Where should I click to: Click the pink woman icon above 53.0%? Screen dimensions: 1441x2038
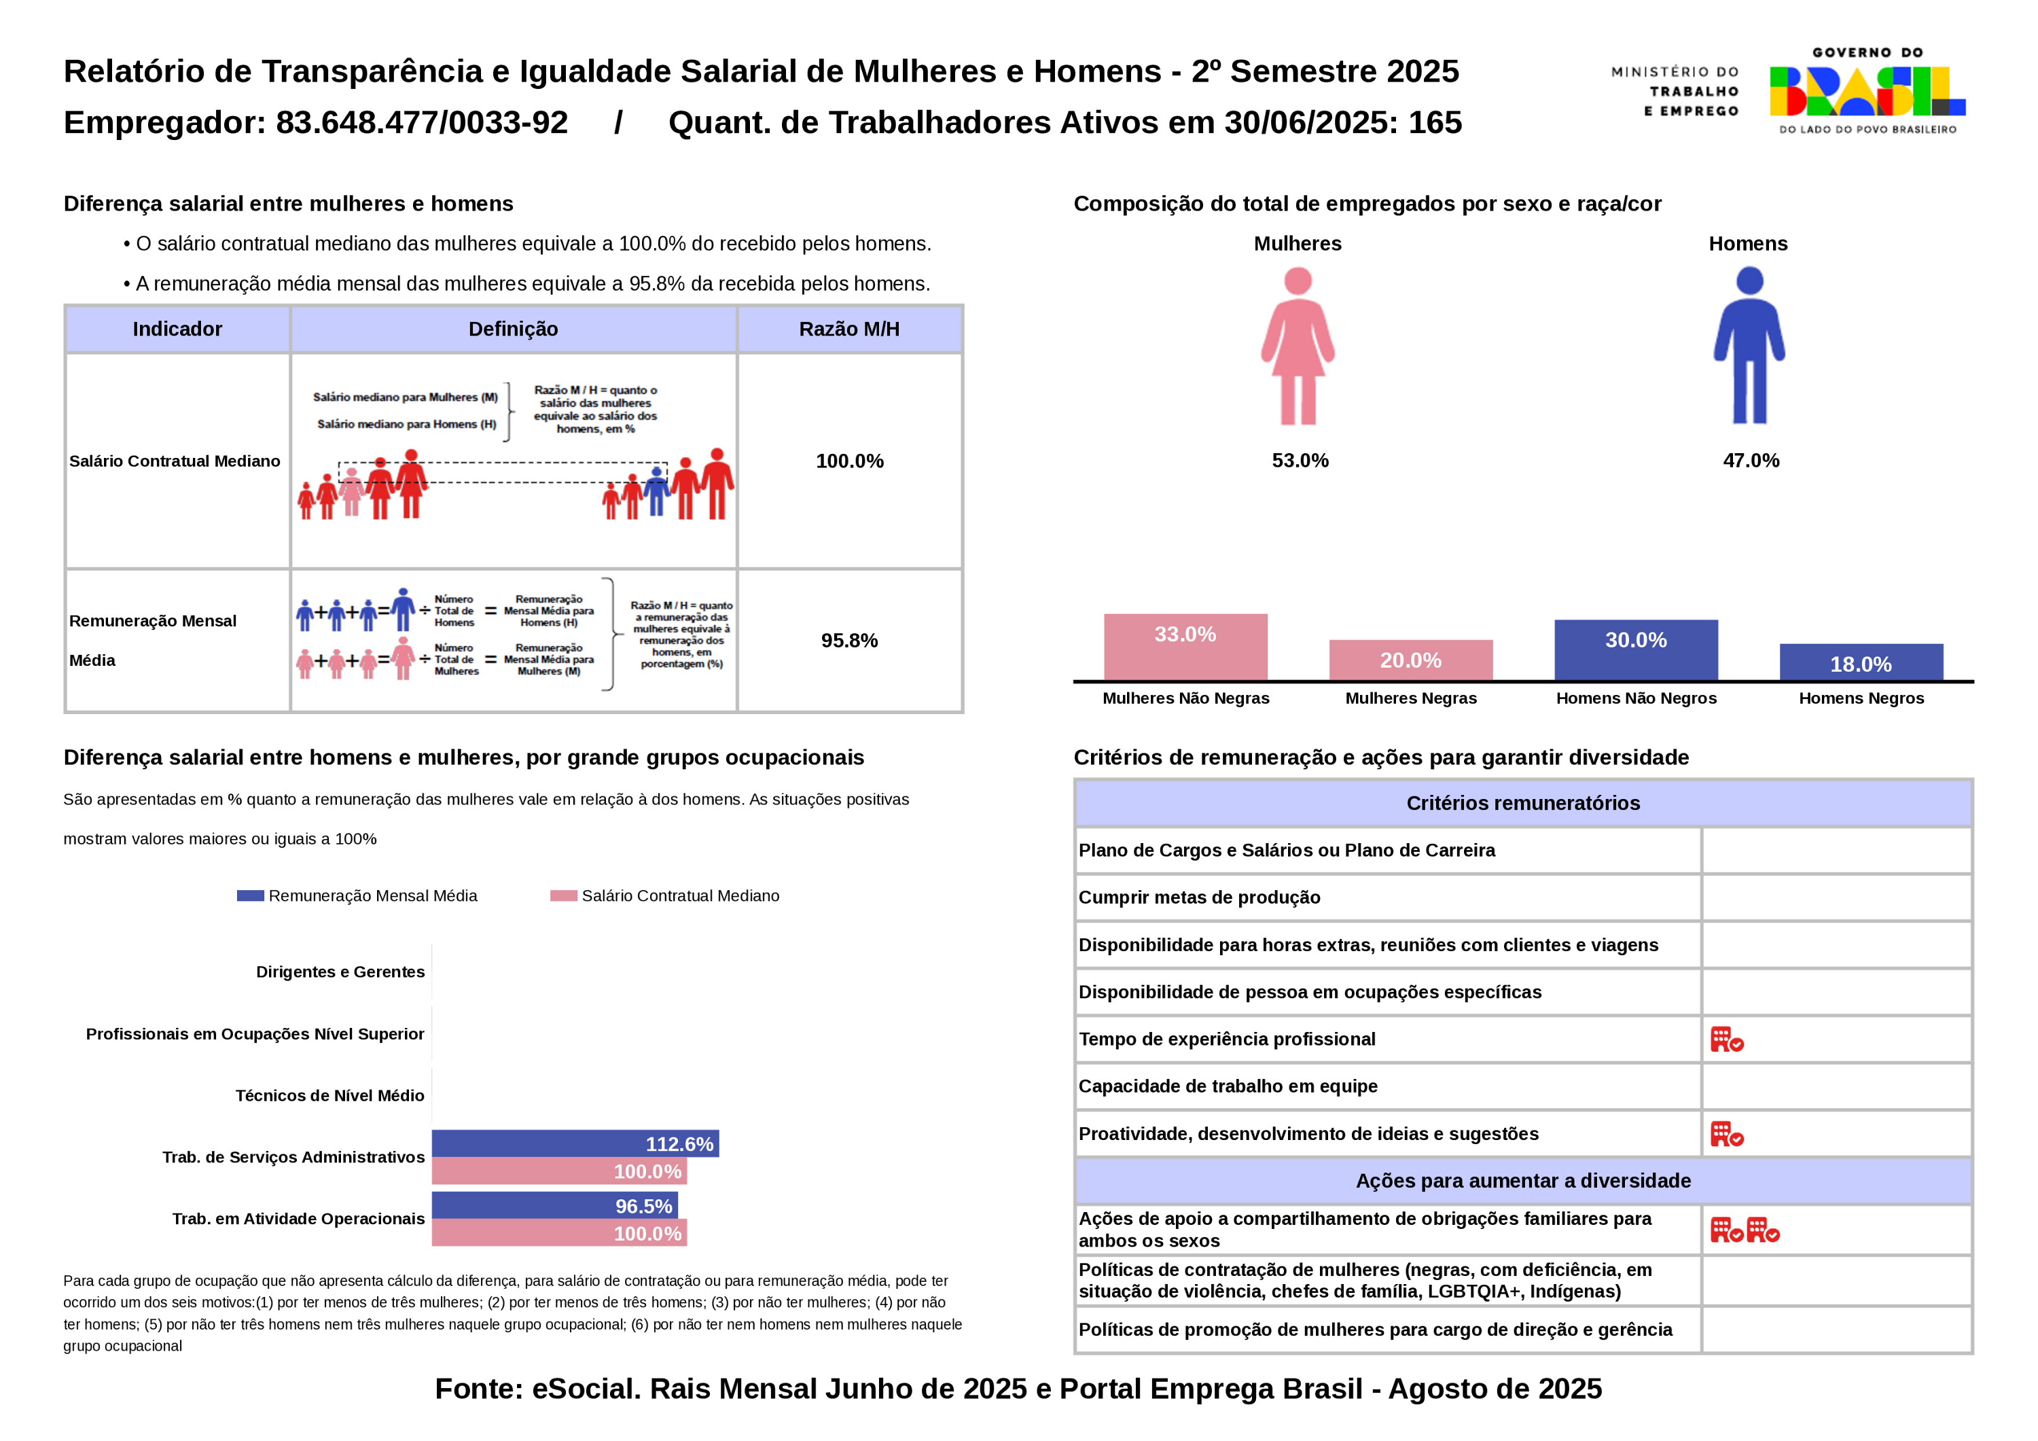[x=1298, y=346]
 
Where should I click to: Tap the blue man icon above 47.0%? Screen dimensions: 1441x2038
[x=1749, y=346]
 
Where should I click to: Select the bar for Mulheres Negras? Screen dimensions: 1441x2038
[x=1410, y=660]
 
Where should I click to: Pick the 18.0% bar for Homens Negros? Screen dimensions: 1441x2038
[x=1861, y=662]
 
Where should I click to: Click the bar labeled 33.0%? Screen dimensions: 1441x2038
[x=1185, y=646]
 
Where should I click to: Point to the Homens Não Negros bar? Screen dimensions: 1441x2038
[x=1635, y=650]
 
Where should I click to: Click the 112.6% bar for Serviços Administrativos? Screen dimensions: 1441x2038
[x=575, y=1143]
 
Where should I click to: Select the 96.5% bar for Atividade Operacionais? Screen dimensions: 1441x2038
[x=555, y=1206]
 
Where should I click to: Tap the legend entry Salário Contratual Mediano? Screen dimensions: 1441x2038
[x=665, y=896]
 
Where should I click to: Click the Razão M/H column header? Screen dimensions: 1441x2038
[x=848, y=330]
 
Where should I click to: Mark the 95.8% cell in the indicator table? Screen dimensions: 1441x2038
[x=848, y=640]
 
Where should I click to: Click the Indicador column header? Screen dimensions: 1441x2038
[x=177, y=330]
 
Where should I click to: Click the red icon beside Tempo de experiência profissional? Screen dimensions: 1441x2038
[x=1726, y=1039]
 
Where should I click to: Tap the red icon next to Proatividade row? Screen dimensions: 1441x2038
[x=1726, y=1134]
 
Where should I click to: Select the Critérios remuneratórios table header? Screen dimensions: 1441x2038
[x=1522, y=802]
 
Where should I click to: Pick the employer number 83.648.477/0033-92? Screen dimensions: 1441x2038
[x=422, y=122]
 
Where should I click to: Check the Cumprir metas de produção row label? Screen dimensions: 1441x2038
[x=1199, y=897]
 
